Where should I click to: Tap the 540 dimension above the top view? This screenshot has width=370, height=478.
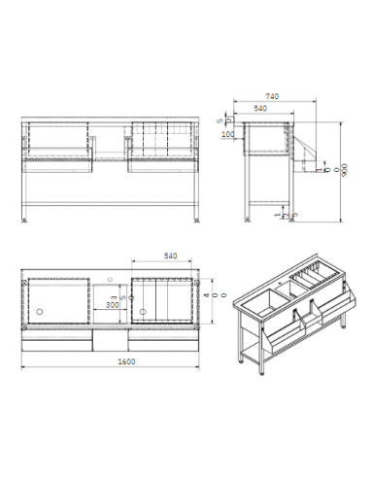click(x=170, y=257)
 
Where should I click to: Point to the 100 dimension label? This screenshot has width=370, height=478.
click(x=228, y=134)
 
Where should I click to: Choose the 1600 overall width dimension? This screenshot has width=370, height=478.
click(x=113, y=361)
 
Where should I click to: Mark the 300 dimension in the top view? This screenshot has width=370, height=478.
click(x=114, y=304)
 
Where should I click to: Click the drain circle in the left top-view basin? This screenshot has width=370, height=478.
click(x=41, y=312)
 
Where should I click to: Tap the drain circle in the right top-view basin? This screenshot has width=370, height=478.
click(x=143, y=312)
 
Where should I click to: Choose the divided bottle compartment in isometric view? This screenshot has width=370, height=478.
click(x=320, y=279)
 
